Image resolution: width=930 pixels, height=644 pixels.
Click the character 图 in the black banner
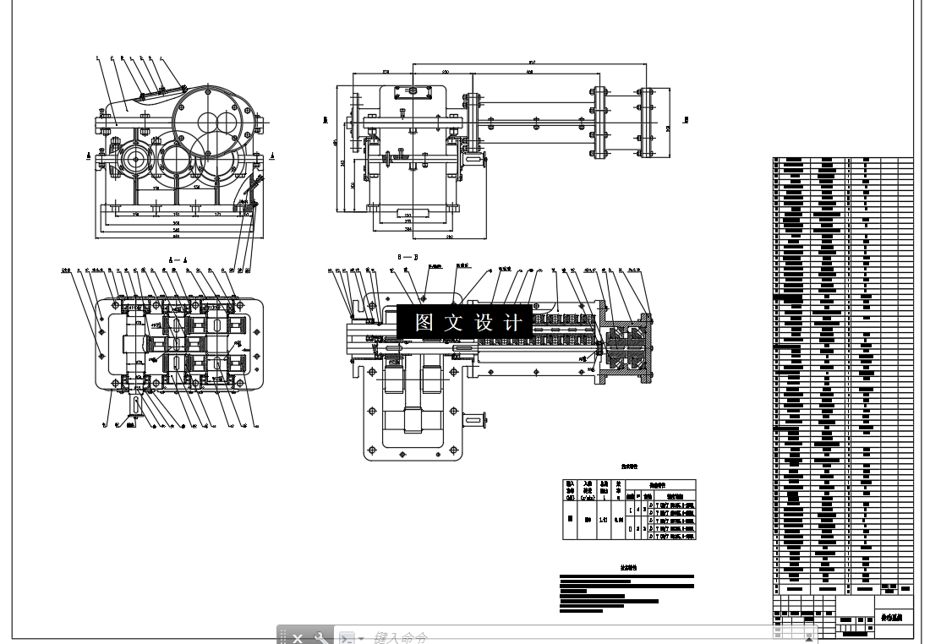(x=424, y=323)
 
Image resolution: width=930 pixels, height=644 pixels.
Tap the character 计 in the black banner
(x=512, y=323)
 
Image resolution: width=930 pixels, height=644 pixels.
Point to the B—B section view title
(x=408, y=254)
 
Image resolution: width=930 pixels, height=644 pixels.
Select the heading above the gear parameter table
(x=628, y=466)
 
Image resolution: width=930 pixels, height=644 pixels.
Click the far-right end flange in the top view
(x=648, y=123)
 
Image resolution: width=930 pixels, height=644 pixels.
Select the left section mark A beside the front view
(x=90, y=156)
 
